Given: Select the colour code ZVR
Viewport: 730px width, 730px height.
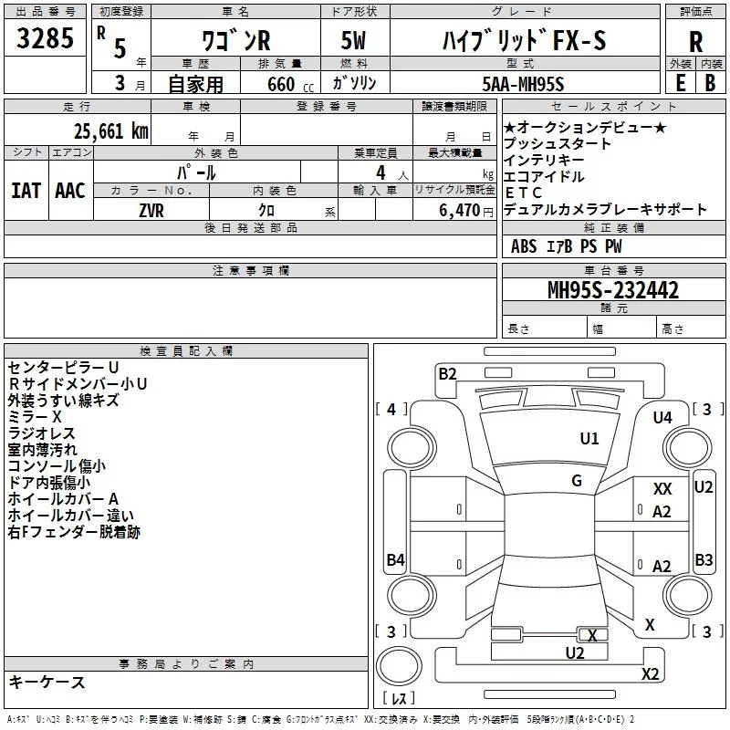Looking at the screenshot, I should tap(151, 209).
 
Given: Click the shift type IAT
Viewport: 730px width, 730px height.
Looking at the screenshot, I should tap(26, 190).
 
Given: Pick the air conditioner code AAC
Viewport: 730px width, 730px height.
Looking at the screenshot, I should tap(69, 190).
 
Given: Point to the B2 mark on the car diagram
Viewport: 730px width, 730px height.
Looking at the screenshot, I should tap(447, 373).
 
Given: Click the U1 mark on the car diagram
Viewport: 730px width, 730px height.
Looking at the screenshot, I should tap(589, 439).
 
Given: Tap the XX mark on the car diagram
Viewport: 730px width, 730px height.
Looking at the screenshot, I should tap(662, 490).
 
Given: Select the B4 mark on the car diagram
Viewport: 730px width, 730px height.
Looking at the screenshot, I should tap(395, 560).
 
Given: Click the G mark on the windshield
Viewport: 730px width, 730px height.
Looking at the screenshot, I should tap(577, 481).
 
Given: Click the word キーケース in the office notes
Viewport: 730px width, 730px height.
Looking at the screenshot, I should tap(47, 682).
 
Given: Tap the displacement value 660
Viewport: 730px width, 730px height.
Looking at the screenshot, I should tap(281, 85).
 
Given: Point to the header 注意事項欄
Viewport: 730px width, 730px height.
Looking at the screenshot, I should tap(251, 271).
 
